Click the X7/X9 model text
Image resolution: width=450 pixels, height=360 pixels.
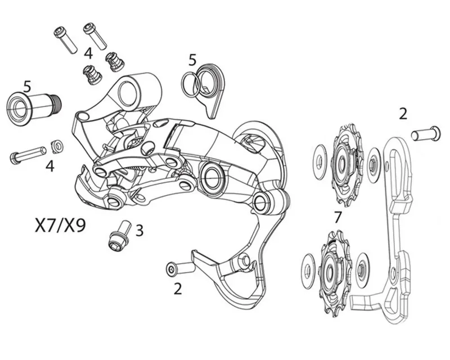[x=60, y=226]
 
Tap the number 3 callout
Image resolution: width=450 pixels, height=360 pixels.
[x=139, y=230]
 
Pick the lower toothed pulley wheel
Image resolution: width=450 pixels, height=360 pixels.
[x=335, y=274]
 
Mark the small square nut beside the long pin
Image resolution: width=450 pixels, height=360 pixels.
[x=57, y=146]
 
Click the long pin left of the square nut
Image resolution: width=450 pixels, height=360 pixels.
[x=28, y=155]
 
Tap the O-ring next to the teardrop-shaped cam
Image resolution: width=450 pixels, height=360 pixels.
[x=191, y=85]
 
